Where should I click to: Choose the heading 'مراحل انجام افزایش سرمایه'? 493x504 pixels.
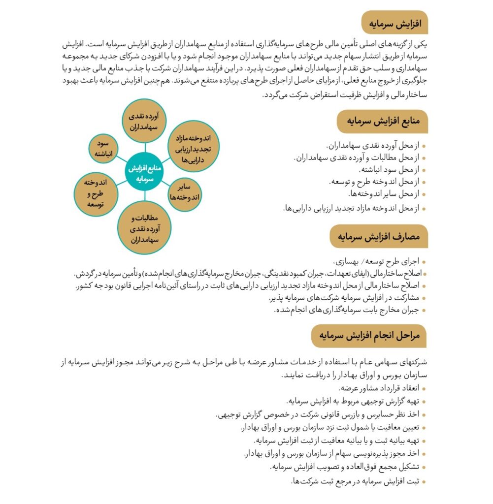coord(369,336)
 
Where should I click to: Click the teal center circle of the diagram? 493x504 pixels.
coord(145,173)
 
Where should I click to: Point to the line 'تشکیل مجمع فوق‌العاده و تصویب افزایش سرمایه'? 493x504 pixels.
coord(345,467)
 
